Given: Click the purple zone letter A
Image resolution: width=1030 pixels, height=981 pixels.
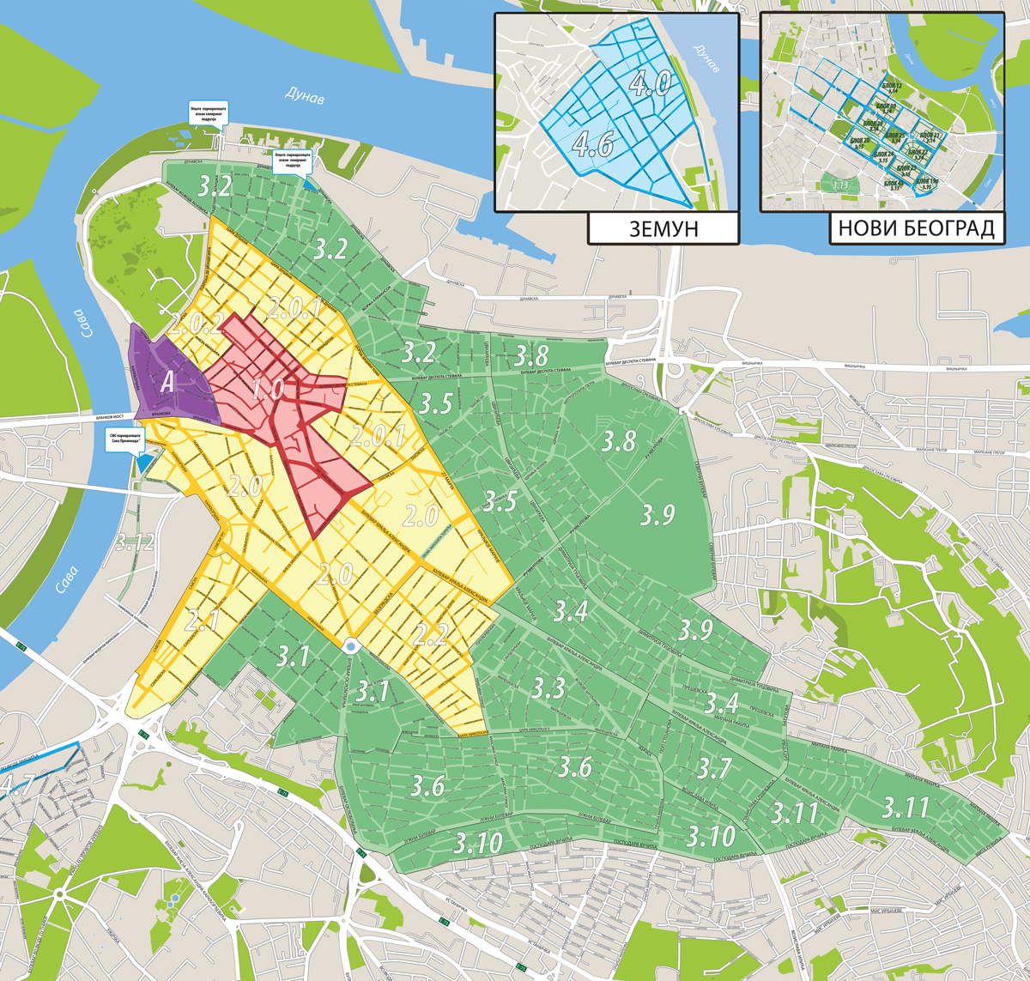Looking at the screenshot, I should [x=168, y=383].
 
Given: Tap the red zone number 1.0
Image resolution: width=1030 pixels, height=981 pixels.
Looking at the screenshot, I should [x=267, y=389].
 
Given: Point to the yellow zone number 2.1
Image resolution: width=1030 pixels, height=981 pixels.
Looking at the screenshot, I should [x=203, y=620].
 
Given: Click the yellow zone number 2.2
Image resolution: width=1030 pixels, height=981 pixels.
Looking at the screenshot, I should [x=432, y=634].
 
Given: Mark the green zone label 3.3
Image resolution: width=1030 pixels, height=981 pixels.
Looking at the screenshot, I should [x=548, y=687].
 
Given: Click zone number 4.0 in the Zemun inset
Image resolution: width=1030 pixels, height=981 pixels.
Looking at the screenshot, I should [x=650, y=83].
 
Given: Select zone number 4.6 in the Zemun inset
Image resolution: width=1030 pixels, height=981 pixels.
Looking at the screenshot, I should [x=593, y=143].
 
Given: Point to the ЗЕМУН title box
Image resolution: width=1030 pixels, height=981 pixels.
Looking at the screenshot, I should [x=663, y=229].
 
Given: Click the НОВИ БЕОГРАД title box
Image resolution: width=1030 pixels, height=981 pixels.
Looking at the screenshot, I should [x=916, y=229].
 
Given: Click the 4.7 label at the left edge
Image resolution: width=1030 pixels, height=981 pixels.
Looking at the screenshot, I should [x=17, y=783].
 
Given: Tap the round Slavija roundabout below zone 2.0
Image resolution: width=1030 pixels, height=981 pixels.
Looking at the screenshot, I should [x=351, y=646].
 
